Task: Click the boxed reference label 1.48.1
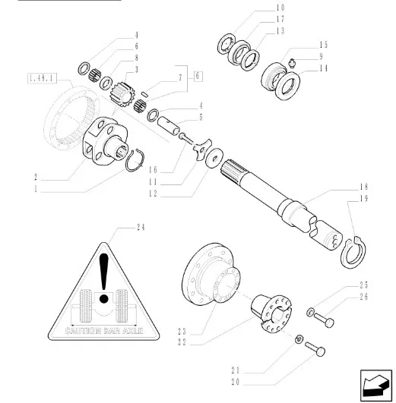point(42,78)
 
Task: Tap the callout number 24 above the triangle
point(141,228)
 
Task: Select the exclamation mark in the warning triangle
point(104,278)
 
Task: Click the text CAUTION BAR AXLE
point(104,331)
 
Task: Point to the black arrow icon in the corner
point(375,386)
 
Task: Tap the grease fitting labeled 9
point(291,62)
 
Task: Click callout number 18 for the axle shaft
point(364,187)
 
